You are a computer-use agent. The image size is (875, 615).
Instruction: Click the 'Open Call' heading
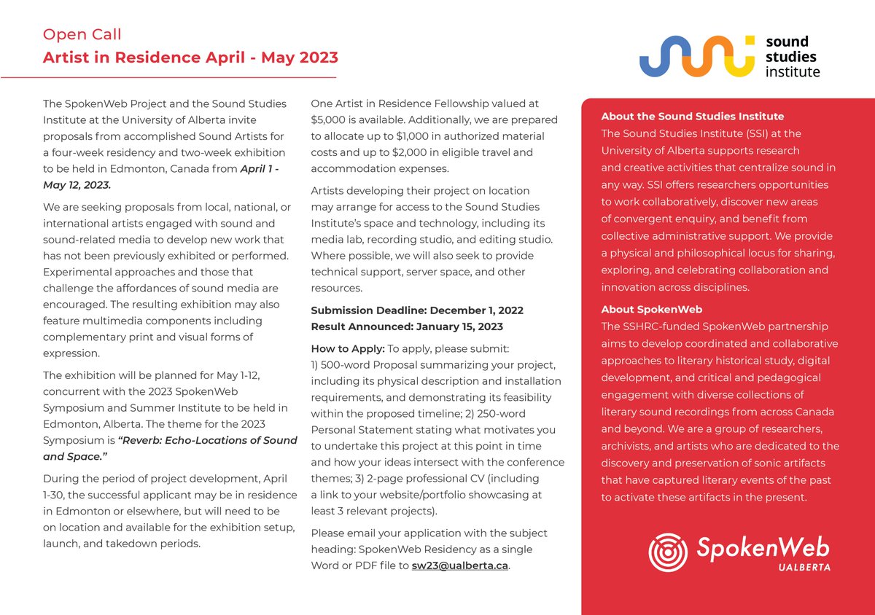tap(82, 34)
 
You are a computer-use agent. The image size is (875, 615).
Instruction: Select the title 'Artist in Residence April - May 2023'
tap(190, 57)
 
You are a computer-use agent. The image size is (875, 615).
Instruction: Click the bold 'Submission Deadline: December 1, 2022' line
tap(416, 310)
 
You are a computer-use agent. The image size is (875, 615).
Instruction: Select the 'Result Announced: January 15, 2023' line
tap(406, 326)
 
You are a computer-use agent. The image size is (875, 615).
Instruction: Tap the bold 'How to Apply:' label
tap(347, 348)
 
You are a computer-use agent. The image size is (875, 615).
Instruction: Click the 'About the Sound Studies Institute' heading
tap(692, 117)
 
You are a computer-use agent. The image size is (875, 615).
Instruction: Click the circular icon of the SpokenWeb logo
tap(667, 552)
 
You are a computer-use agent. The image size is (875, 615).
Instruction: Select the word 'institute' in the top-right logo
tap(792, 71)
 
